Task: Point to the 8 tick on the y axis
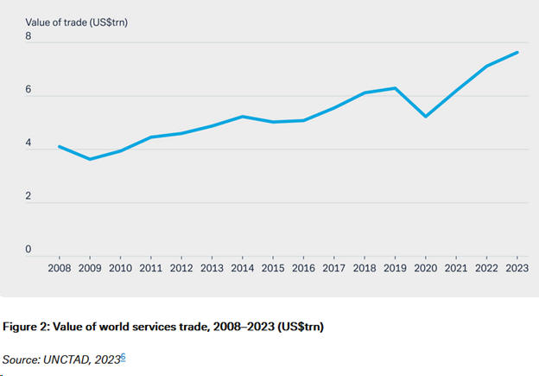tap(29, 37)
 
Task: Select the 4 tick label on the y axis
tap(29, 143)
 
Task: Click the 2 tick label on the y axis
tap(29, 196)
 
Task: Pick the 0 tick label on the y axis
tap(29, 250)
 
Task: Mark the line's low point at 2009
tap(90, 159)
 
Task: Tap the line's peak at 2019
tap(396, 88)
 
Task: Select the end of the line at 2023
tap(517, 53)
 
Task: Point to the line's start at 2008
tap(59, 146)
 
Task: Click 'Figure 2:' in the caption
tap(27, 327)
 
